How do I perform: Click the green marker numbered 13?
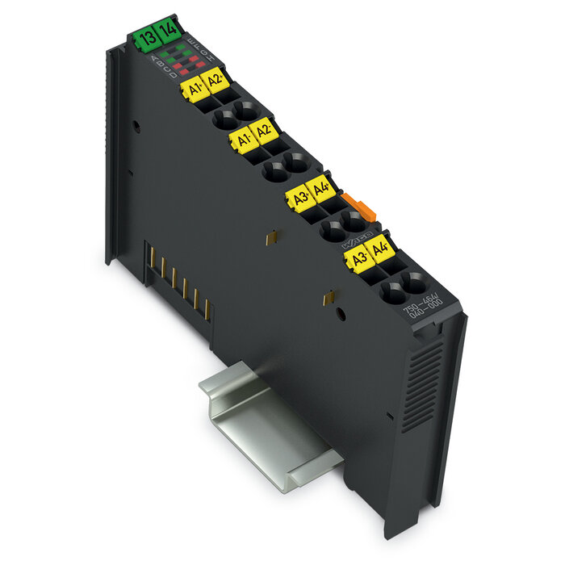click(x=146, y=37)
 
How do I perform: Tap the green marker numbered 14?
click(x=167, y=32)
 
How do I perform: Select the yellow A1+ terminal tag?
click(x=193, y=88)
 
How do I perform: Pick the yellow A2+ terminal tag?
click(x=215, y=80)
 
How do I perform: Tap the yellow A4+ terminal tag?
click(x=321, y=189)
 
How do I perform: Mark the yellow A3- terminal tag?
click(x=357, y=257)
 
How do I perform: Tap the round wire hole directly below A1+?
click(x=223, y=120)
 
